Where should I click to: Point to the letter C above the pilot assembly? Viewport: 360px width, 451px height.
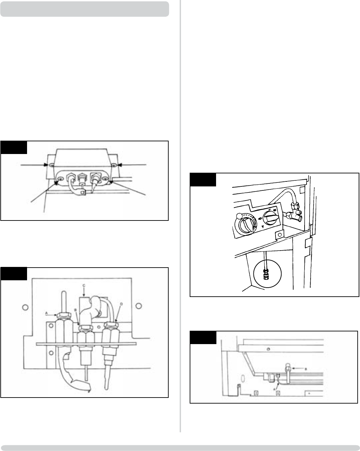coord(83,285)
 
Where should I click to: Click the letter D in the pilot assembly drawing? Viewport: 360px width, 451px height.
coord(121,304)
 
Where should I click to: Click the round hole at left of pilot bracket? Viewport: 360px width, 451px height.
coord(24,307)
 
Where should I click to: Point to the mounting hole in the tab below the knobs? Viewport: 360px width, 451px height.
coord(277,236)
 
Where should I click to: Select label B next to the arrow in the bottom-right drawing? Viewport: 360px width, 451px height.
coord(306,368)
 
